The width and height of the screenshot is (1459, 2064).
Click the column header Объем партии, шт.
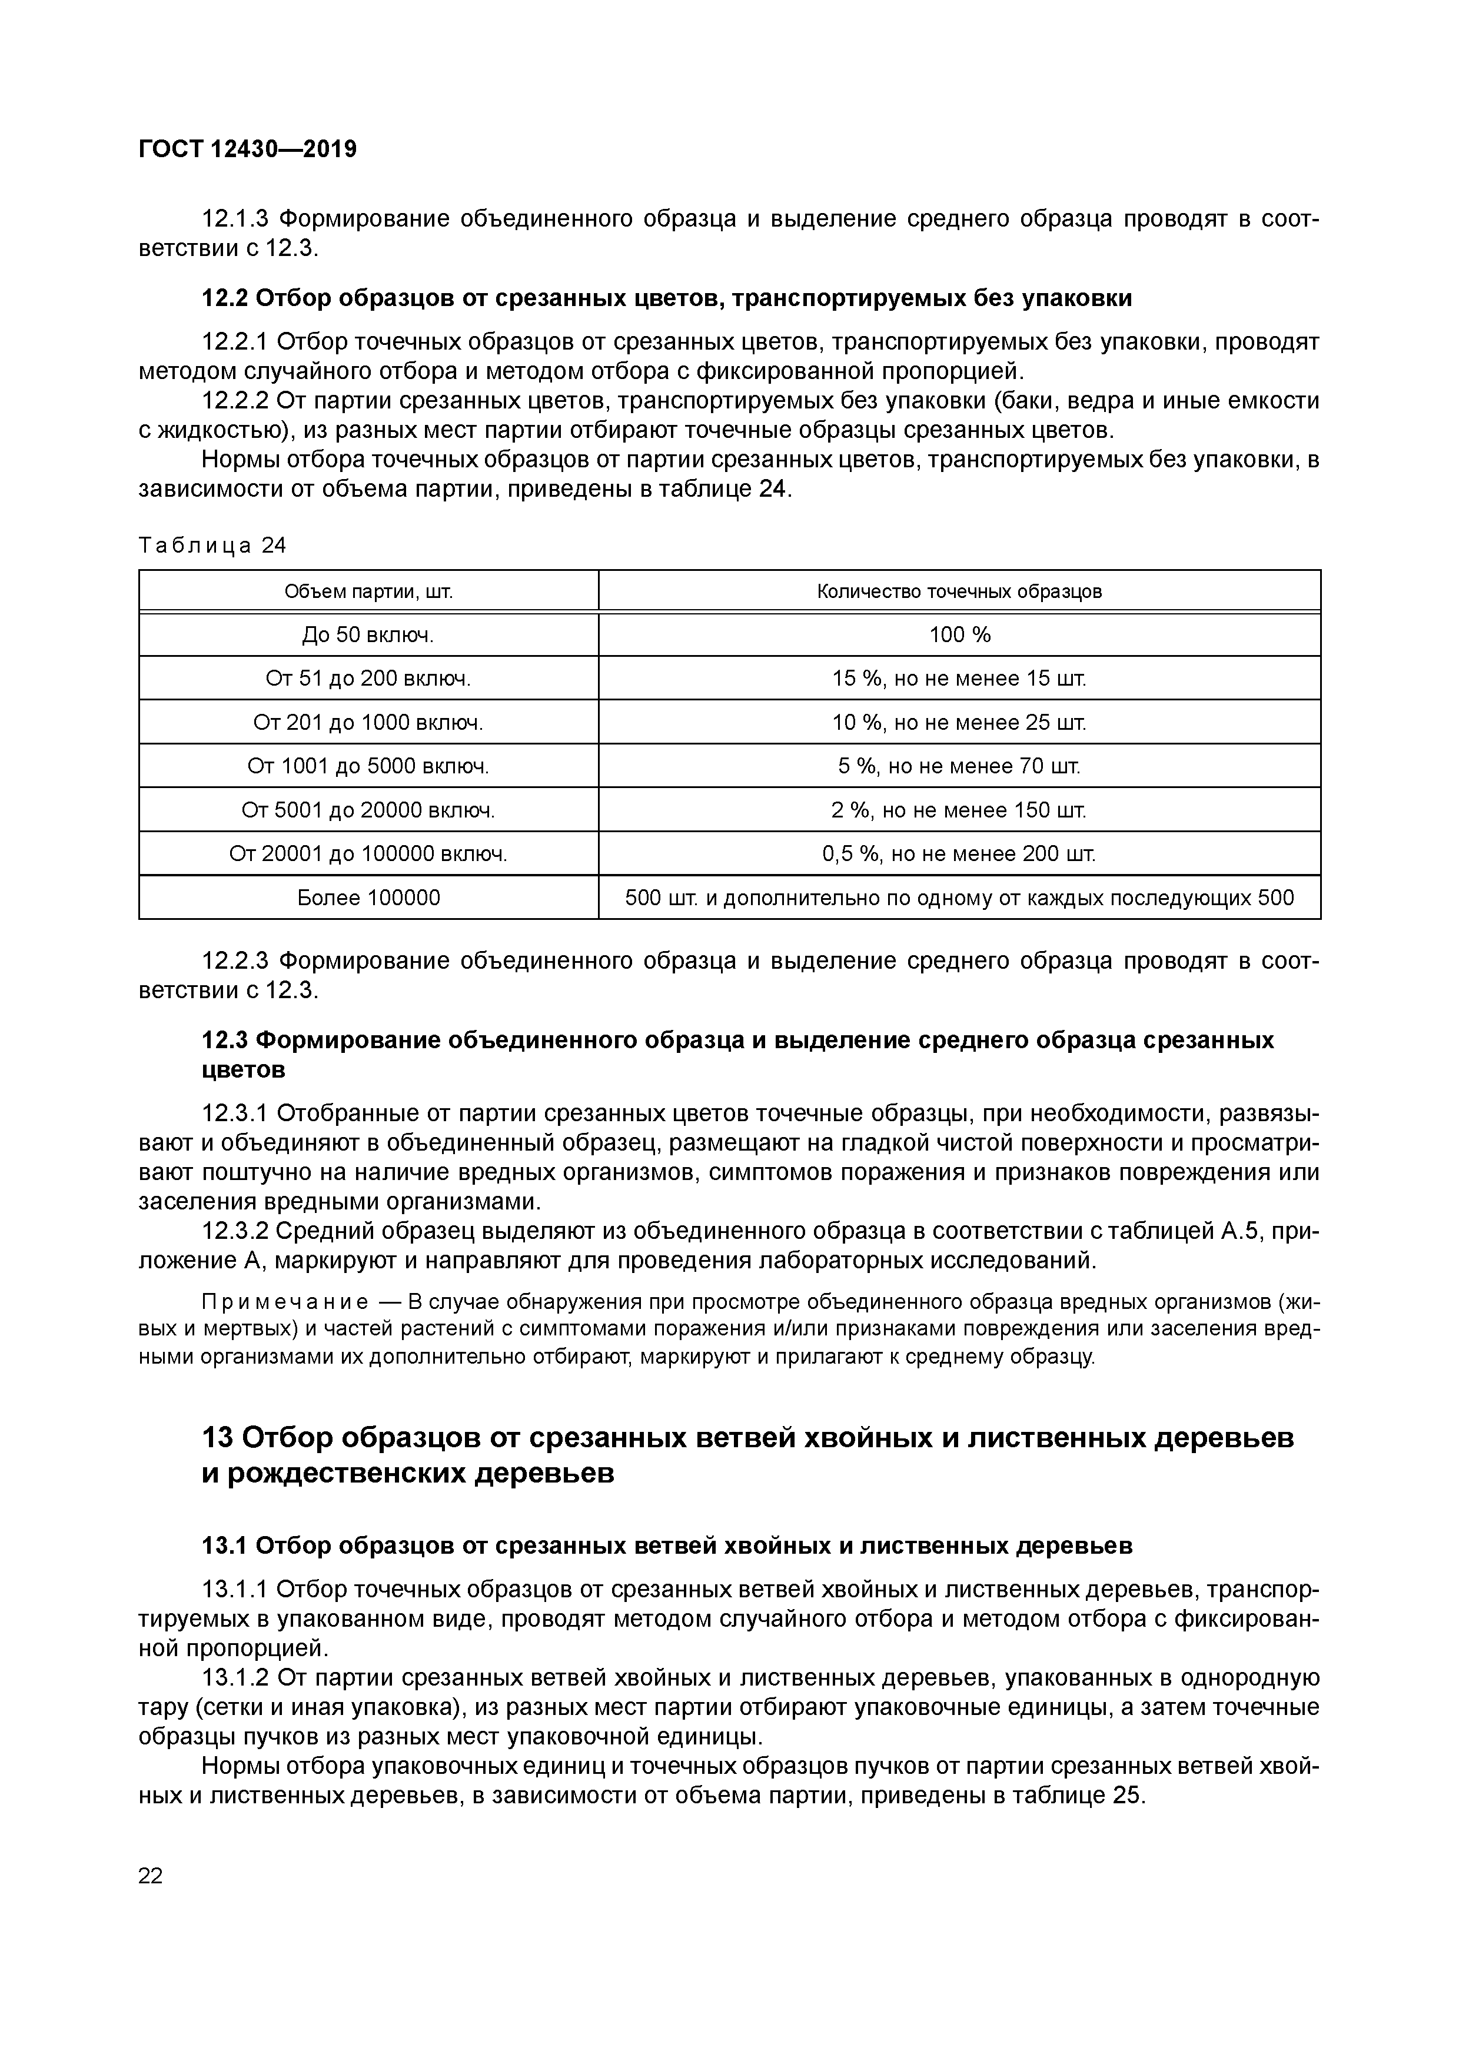[x=368, y=591]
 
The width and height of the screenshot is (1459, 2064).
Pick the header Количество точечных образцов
[x=959, y=591]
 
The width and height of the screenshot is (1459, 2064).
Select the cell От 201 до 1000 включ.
[x=368, y=723]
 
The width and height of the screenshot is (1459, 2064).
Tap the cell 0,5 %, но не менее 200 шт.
[x=959, y=854]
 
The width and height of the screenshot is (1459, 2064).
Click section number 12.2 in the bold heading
[x=225, y=298]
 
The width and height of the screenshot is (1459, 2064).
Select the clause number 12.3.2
[x=235, y=1231]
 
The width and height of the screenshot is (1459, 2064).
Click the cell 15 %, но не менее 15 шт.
[x=959, y=679]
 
